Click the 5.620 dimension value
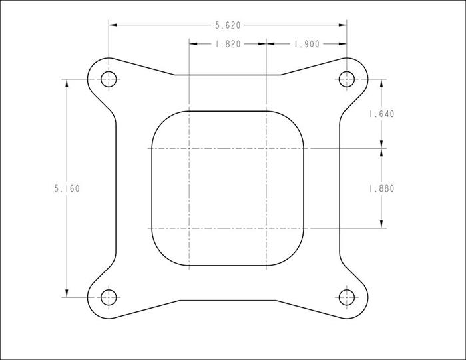tap(228, 25)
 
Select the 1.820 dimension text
tap(228, 45)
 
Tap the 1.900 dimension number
tap(307, 45)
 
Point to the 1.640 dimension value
tap(381, 114)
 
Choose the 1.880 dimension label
tap(381, 188)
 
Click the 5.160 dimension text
tap(67, 188)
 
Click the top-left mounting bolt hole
tap(109, 79)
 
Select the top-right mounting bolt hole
tap(347, 79)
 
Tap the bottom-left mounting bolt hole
tap(109, 297)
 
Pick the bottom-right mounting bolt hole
tap(347, 297)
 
